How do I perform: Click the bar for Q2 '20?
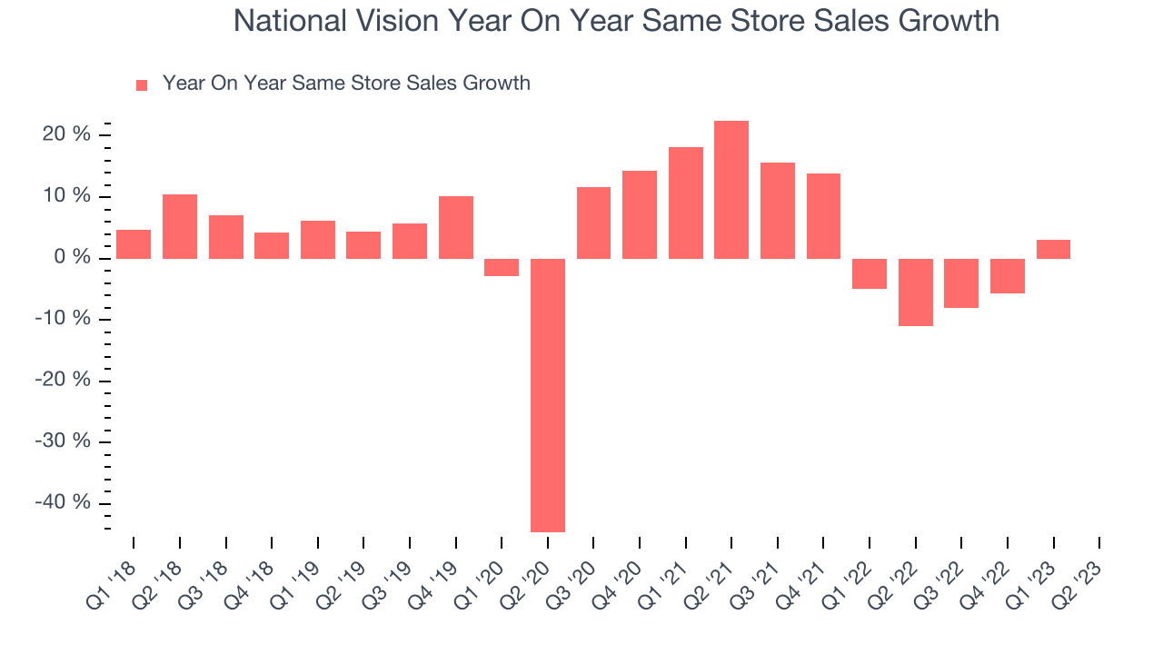[548, 395]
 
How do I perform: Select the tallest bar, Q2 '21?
[731, 190]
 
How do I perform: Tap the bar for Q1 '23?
[1053, 249]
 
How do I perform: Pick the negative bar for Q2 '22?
[915, 292]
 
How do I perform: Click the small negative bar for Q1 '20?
[502, 267]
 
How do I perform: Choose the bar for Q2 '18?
[180, 226]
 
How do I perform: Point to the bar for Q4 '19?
[456, 227]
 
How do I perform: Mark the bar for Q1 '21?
[686, 203]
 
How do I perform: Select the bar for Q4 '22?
[1007, 276]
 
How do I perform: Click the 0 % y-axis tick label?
[73, 258]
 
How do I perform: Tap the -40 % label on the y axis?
[64, 503]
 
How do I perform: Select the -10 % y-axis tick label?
[64, 319]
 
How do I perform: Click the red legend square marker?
[142, 85]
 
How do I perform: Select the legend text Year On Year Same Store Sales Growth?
[346, 84]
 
